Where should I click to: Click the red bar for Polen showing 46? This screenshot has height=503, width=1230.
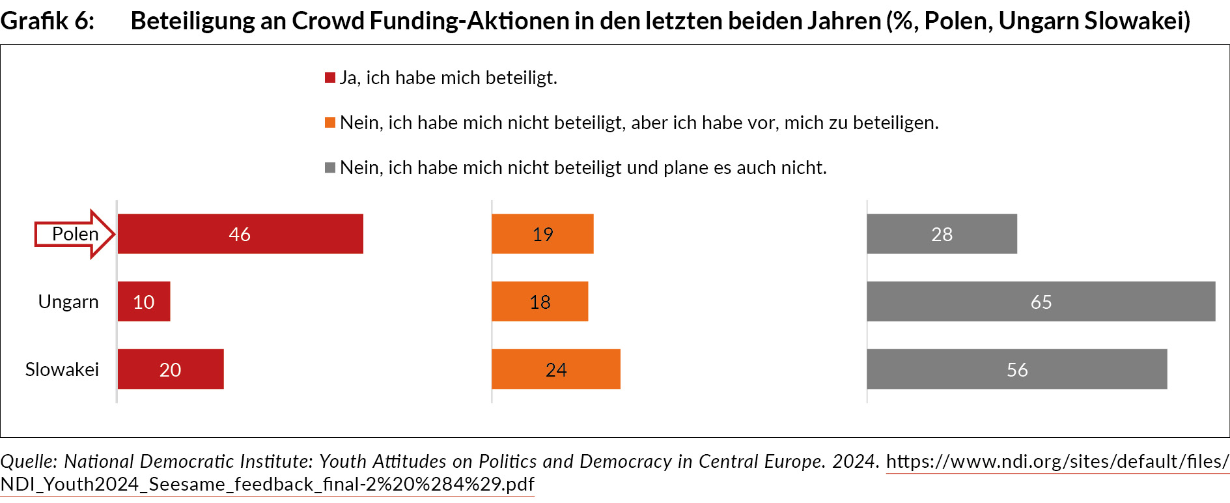pos(240,234)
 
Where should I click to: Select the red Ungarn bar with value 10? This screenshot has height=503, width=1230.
pos(144,302)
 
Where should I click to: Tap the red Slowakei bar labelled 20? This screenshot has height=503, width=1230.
pos(171,369)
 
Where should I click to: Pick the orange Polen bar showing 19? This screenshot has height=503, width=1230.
pos(542,234)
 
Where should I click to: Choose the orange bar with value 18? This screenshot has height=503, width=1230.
pos(540,302)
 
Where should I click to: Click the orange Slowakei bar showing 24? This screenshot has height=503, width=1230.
pos(556,369)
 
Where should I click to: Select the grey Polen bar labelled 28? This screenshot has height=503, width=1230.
pos(942,234)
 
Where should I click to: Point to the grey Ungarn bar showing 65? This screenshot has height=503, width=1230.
pos(1041,302)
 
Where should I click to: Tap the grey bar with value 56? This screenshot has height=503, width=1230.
pos(1016,369)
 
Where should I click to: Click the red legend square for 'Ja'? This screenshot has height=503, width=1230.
pos(330,78)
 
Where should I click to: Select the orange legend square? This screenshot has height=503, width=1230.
pos(330,123)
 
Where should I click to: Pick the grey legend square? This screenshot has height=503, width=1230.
pos(330,168)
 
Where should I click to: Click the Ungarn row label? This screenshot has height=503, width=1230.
pos(68,302)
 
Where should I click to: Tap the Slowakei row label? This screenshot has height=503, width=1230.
pos(62,369)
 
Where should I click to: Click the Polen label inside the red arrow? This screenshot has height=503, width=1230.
pos(76,234)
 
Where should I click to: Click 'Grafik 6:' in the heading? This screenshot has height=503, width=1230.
pos(48,21)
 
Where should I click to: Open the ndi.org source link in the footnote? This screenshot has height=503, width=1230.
pos(1057,461)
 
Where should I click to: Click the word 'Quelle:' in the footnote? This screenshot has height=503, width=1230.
pos(29,461)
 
